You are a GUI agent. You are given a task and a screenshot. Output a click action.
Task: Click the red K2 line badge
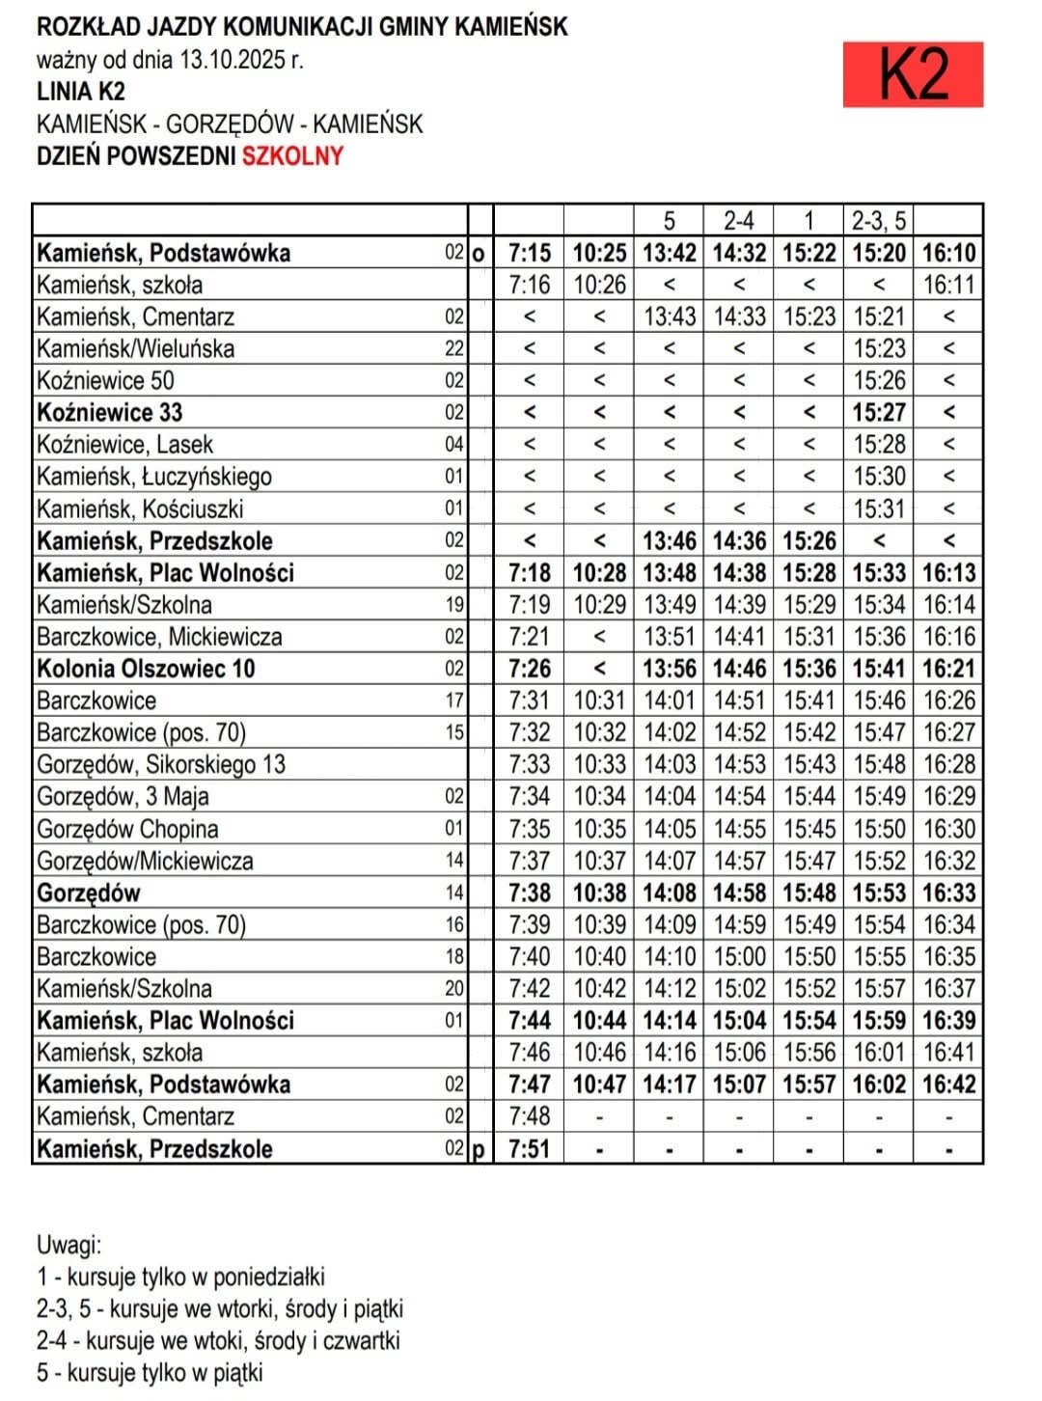coord(912,74)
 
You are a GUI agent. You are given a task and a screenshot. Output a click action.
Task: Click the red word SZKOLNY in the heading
coord(292,156)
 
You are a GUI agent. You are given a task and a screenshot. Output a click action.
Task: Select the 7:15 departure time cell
coord(529,253)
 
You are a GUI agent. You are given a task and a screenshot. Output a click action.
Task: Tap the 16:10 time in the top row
coord(948,253)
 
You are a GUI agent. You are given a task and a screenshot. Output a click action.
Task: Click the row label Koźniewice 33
coord(110,413)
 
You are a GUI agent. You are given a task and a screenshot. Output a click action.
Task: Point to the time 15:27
coord(878,413)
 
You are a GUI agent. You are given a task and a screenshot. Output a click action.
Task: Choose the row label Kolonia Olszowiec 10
coord(146,669)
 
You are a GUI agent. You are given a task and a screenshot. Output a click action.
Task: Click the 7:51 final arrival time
coord(529,1149)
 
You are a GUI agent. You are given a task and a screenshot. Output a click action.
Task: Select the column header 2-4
coord(738,221)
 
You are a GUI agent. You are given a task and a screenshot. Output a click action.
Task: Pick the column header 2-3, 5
coord(878,221)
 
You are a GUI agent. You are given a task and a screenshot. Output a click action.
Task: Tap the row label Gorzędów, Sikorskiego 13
coord(161,765)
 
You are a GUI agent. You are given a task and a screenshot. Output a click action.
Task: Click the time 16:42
coord(948,1085)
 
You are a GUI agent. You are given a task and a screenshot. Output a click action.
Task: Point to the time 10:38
coord(599,893)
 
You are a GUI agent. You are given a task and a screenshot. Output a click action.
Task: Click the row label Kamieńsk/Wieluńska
coord(135,348)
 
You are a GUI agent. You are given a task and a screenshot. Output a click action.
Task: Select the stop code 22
coord(453,349)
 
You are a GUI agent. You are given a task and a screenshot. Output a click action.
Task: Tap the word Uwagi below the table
coord(69,1245)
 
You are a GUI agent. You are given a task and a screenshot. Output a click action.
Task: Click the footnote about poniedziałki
coord(180,1277)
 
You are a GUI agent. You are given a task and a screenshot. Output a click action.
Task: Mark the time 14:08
coord(669,893)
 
